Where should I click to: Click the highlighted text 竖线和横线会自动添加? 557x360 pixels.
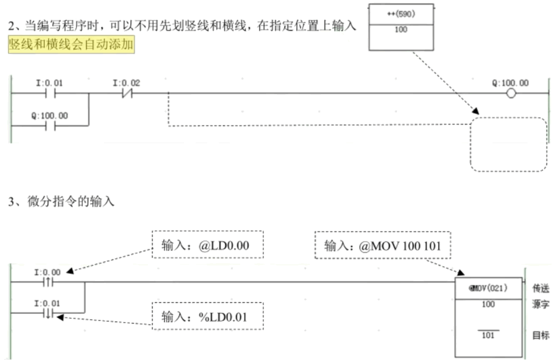71,45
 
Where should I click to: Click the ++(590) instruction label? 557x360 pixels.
401,14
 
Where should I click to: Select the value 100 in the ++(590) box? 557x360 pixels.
400,30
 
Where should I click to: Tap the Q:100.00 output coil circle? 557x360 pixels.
511,93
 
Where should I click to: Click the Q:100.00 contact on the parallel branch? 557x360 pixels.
49,126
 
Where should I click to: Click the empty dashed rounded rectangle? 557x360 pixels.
508,145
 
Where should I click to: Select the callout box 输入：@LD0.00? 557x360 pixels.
208,245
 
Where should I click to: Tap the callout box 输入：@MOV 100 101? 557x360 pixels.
383,246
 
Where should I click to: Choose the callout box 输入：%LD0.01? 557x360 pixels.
207,316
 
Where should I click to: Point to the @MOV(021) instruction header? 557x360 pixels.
489,288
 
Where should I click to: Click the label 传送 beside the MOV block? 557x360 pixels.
541,288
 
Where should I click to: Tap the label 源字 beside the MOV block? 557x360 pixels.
541,305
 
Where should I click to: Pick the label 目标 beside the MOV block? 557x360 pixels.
541,335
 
